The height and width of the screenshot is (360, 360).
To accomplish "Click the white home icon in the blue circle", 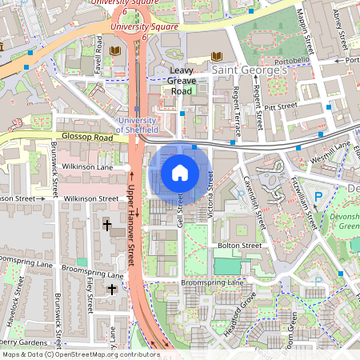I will pyautogui.click(x=180, y=172).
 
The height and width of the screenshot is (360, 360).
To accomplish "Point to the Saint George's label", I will pyautogui.click(x=250, y=72).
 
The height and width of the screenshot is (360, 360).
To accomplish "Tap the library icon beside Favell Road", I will pyautogui.click(x=116, y=51).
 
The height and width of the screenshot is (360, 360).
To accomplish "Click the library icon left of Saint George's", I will pyautogui.click(x=216, y=56).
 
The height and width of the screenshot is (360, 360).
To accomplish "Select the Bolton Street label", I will pyautogui.click(x=239, y=245).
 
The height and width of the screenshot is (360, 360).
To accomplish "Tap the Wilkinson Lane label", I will pyautogui.click(x=89, y=167).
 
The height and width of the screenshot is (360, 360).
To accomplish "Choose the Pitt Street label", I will pyautogui.click(x=282, y=106).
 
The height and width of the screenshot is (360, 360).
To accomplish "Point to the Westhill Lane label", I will pyautogui.click(x=331, y=146).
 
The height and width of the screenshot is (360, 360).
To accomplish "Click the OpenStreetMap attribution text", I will pyautogui.click(x=80, y=354).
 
